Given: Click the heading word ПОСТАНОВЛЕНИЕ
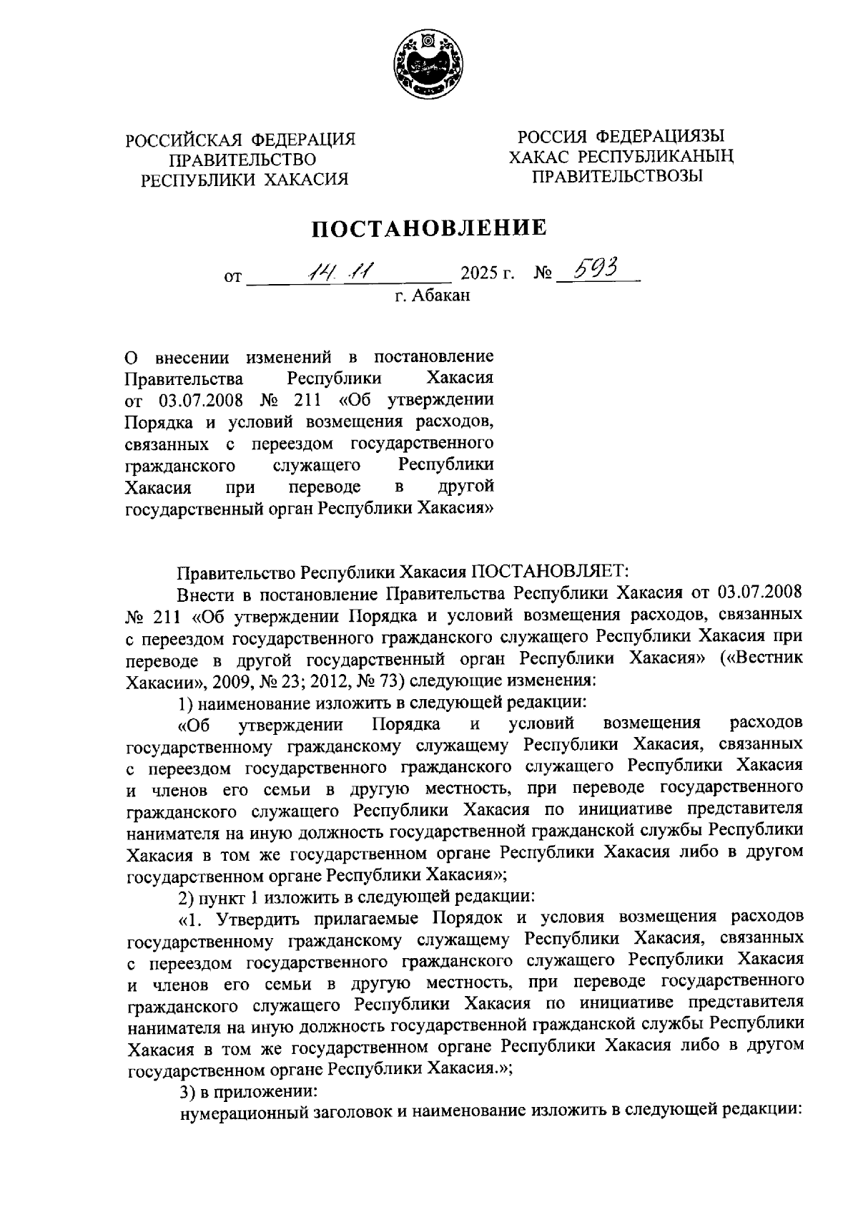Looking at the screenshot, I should point(428,228).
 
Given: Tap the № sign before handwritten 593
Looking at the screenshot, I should point(544,274).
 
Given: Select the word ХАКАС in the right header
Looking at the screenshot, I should point(539,157).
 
